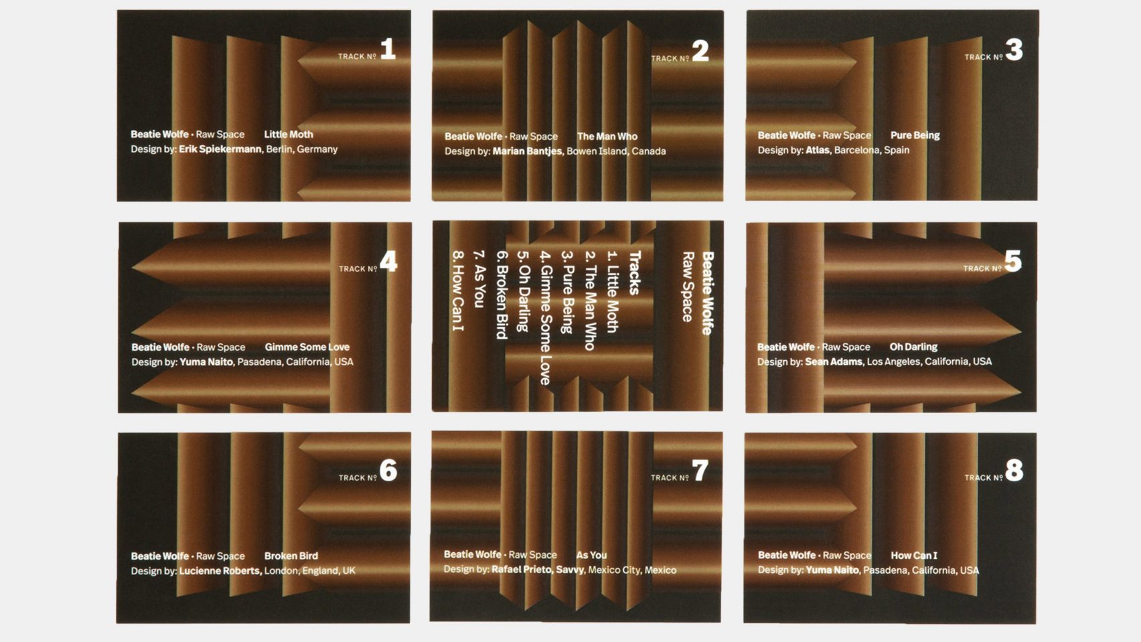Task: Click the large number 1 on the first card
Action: coord(388,50)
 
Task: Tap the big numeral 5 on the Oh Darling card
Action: coord(1012,260)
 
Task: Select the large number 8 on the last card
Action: coord(1014,470)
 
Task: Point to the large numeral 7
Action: coord(700,470)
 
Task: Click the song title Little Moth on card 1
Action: coord(289,135)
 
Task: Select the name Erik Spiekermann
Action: coord(220,149)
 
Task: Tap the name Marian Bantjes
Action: coord(528,151)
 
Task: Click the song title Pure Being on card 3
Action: coord(915,135)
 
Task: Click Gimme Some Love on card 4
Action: coord(307,347)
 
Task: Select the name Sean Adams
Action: coord(834,362)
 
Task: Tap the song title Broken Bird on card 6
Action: coord(291,556)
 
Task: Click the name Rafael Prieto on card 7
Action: coord(522,570)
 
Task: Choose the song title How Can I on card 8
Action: coord(914,556)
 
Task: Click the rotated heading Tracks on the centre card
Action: coord(634,273)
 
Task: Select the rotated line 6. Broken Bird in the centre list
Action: coord(502,295)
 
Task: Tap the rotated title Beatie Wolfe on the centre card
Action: coord(708,293)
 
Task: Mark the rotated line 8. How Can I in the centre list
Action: coord(458,291)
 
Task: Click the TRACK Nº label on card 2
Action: coord(670,58)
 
